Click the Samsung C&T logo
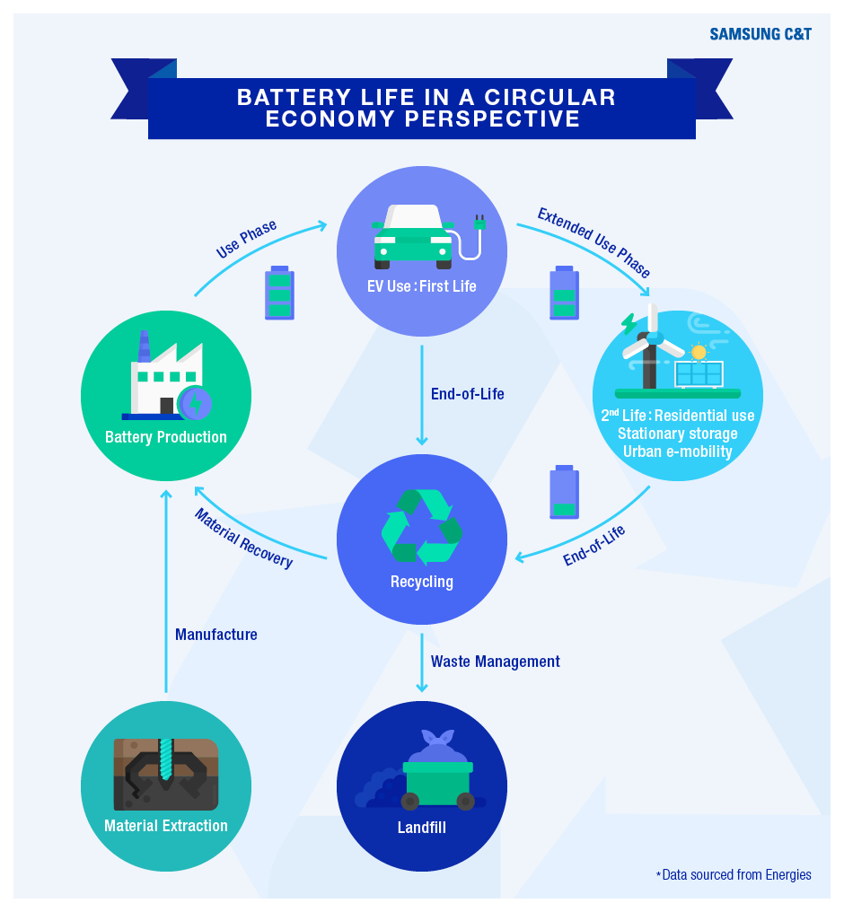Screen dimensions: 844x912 tap(760, 34)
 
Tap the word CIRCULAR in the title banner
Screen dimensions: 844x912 tap(549, 97)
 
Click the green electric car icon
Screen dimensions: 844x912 tap(413, 236)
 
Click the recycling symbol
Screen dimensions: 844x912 tap(422, 527)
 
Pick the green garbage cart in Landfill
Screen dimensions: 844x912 tap(438, 785)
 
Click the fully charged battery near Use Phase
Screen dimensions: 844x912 tap(279, 294)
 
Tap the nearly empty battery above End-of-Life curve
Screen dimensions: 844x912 tap(564, 492)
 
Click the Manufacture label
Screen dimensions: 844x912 tap(216, 634)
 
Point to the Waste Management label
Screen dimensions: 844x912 tap(495, 662)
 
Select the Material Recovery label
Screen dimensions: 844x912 tap(243, 538)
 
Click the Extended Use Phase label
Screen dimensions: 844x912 tap(593, 242)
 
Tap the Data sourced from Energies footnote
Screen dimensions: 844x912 tap(734, 875)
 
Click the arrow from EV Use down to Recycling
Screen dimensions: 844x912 tap(422, 396)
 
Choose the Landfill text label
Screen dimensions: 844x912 tap(422, 827)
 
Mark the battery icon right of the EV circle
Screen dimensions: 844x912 tap(564, 294)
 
